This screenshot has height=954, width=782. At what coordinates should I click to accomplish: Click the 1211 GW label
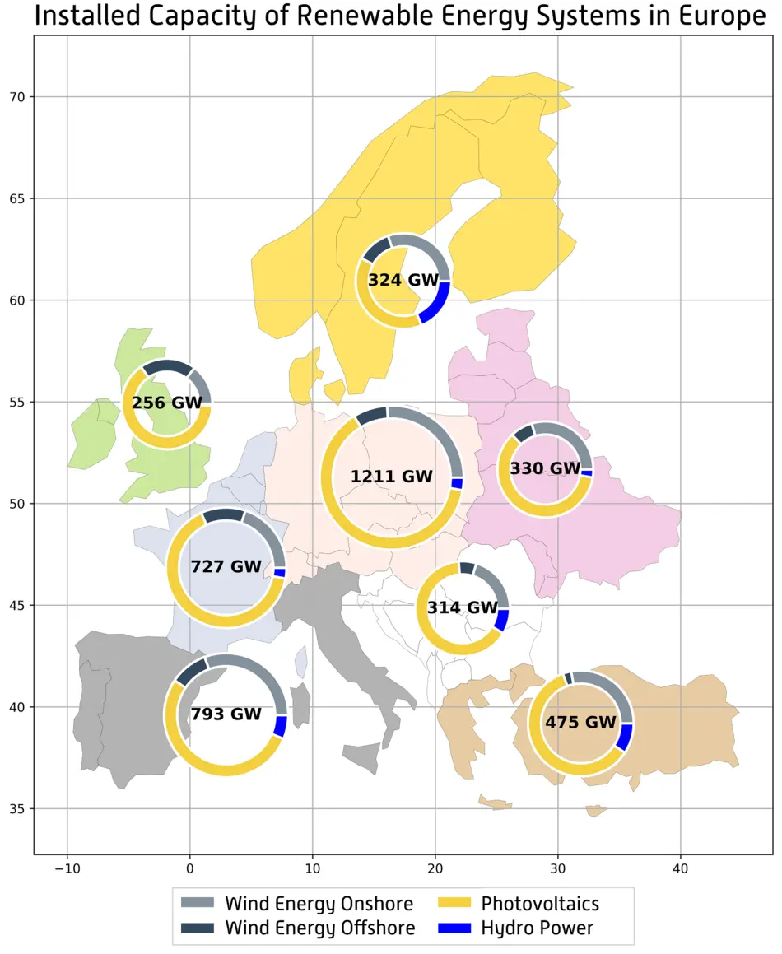point(391,477)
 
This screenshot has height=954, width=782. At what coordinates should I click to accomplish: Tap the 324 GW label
point(403,280)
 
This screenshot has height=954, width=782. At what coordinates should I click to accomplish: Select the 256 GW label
point(167,403)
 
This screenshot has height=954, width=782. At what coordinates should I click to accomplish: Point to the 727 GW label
point(226,567)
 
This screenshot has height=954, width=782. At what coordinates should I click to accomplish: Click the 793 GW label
point(226,714)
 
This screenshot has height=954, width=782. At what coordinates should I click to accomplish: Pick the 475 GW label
point(580,723)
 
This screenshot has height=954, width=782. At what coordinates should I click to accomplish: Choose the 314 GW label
point(463,608)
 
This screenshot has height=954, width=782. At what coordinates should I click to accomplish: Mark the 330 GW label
point(546,469)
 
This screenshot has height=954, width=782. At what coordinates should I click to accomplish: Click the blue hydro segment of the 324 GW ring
point(436,300)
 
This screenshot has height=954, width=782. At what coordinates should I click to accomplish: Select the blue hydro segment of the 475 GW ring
point(625,736)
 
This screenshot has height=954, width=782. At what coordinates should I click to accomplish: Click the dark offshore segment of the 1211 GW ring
point(372,416)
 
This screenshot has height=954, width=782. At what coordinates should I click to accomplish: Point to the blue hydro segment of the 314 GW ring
point(501,620)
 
